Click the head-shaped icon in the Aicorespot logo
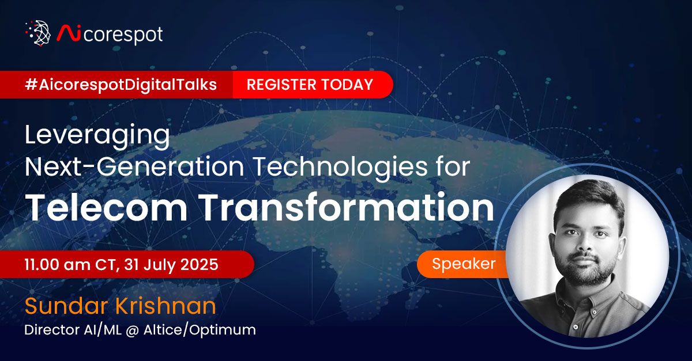(39, 33)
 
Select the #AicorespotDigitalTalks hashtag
(121, 85)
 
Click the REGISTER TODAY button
(310, 85)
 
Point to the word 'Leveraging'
(97, 138)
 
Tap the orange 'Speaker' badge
(464, 264)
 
